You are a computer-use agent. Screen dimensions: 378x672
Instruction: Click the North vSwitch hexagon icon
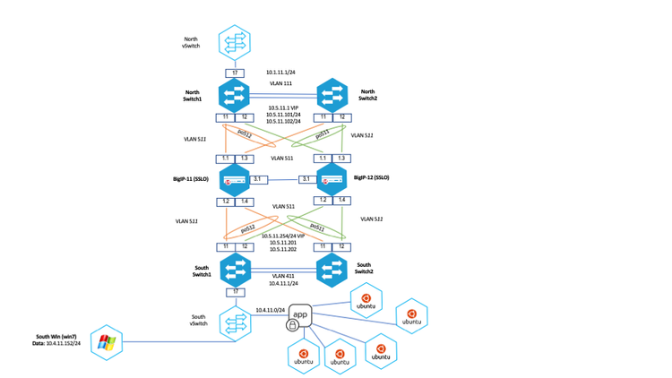(x=234, y=41)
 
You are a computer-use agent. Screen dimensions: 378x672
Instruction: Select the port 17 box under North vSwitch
(x=234, y=73)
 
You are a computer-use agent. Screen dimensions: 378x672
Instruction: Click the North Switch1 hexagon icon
(x=234, y=95)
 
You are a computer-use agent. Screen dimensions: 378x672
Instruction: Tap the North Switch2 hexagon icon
(x=331, y=95)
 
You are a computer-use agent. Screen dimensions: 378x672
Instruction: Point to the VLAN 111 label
(x=283, y=82)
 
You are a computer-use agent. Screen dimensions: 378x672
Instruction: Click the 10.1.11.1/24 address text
(x=280, y=71)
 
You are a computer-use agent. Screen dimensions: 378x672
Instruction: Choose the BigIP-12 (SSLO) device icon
(x=331, y=179)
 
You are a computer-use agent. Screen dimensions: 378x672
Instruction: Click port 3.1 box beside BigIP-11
(x=260, y=179)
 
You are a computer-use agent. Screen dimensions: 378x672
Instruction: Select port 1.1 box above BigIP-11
(x=225, y=158)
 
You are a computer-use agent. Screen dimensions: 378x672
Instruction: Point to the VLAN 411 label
(x=283, y=275)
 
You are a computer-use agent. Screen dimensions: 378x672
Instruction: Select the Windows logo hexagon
(x=106, y=341)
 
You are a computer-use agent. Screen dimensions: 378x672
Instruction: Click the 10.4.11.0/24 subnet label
(x=270, y=309)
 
